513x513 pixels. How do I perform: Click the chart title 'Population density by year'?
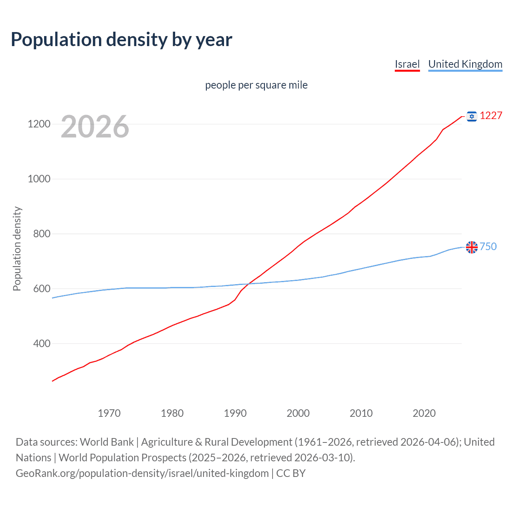(x=121, y=39)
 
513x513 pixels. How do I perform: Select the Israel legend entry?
(x=407, y=64)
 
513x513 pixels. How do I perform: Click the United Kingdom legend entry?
(x=465, y=64)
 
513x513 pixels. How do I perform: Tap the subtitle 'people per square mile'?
(x=256, y=85)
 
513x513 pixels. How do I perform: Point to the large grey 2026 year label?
(x=95, y=127)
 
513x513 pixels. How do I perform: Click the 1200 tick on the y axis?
(x=39, y=124)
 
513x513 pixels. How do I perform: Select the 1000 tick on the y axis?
(x=39, y=179)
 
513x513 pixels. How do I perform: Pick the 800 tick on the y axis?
(x=42, y=234)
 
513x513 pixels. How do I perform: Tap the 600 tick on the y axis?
(x=42, y=289)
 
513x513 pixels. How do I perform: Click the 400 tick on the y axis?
(x=42, y=343)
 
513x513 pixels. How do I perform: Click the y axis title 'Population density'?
(x=17, y=248)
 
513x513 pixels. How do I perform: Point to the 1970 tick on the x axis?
(x=109, y=413)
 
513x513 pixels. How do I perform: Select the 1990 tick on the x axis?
(x=235, y=413)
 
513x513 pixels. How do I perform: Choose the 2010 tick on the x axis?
(x=361, y=413)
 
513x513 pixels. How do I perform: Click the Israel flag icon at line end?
(x=472, y=116)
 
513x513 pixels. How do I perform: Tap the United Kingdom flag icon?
(x=472, y=247)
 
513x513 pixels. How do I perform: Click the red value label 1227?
(x=491, y=115)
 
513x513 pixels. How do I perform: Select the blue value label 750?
(x=488, y=246)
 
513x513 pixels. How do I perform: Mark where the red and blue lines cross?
(x=248, y=284)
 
